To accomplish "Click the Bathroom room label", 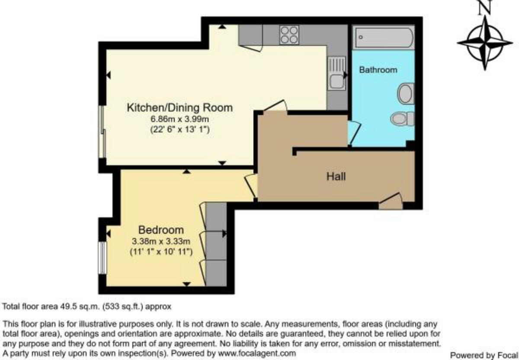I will [x=378, y=69].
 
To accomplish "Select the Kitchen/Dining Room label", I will [x=179, y=107].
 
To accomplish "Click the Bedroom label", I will [x=161, y=230].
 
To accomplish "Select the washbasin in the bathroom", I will [x=406, y=93].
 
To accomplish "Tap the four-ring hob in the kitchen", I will [x=289, y=35].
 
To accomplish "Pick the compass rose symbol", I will [x=484, y=42].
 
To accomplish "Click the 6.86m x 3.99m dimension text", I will [x=179, y=119].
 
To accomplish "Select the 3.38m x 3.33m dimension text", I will [x=161, y=241].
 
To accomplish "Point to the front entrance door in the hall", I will [x=391, y=202].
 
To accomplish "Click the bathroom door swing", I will [x=353, y=132].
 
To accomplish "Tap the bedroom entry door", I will [x=251, y=185].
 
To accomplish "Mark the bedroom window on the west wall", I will [x=103, y=257].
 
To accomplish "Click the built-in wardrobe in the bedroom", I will [x=216, y=244].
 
